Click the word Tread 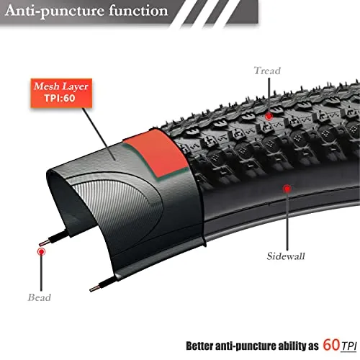click(x=267, y=71)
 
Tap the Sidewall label click(x=286, y=256)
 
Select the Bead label click(x=40, y=297)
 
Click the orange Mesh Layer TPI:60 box click(x=61, y=93)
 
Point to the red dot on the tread click(x=269, y=116)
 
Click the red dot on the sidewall click(x=287, y=189)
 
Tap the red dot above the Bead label click(x=41, y=252)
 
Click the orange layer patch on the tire click(x=157, y=153)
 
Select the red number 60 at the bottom click(x=331, y=345)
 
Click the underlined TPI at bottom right click(x=348, y=346)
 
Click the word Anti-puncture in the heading click(x=54, y=11)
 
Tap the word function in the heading click(x=138, y=11)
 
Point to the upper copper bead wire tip click(x=40, y=244)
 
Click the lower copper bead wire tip click(x=91, y=289)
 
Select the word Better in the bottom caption click(x=199, y=346)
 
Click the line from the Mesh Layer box click(x=99, y=134)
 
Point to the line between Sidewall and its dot click(x=287, y=221)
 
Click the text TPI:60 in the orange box click(x=60, y=98)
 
